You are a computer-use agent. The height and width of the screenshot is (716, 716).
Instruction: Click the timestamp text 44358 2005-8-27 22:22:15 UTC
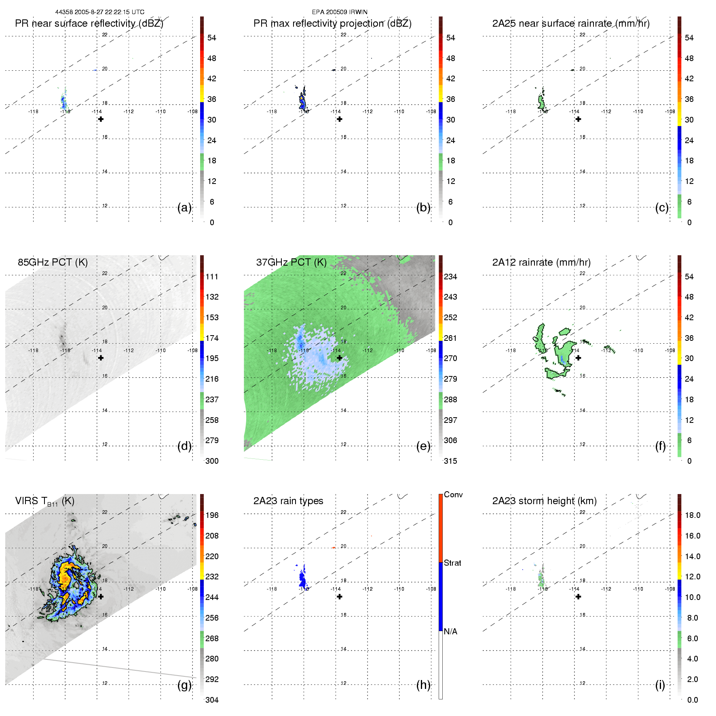99,12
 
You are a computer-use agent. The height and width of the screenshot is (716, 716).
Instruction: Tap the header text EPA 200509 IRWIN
340,12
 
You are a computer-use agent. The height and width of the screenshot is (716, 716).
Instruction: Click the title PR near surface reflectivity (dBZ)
89,23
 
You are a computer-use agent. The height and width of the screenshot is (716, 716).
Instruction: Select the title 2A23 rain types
288,501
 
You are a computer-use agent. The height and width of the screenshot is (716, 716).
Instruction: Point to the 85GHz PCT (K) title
53,262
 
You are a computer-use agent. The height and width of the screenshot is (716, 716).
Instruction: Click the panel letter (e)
423,446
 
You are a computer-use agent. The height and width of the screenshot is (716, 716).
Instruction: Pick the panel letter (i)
660,685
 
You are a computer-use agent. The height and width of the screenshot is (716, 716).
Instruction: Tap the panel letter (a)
184,208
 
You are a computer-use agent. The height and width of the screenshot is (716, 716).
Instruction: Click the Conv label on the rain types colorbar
453,495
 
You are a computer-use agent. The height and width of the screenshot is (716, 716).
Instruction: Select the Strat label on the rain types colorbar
452,563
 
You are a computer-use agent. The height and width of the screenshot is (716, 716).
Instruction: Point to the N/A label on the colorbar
450,632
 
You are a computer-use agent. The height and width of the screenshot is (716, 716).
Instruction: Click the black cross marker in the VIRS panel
101,596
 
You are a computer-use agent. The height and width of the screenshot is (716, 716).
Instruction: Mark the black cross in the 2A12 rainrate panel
579,358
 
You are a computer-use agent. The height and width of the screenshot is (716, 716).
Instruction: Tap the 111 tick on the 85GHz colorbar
212,277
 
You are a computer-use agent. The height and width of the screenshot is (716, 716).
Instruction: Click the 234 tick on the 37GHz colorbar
450,277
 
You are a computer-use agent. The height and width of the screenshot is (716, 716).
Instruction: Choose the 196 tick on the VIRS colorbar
212,515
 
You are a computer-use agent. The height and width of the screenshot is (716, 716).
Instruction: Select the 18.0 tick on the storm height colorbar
692,515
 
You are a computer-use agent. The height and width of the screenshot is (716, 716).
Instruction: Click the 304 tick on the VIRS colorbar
212,700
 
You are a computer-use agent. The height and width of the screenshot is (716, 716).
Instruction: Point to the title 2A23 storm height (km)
544,501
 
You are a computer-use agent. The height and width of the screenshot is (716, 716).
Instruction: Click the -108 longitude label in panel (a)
192,112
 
